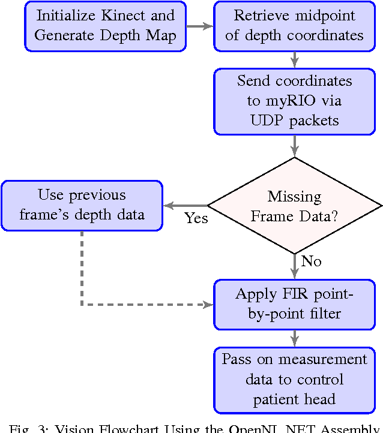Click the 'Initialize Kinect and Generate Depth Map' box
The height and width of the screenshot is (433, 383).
[105, 26]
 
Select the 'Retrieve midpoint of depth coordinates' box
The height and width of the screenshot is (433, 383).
[294, 26]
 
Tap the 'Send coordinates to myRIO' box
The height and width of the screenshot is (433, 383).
[294, 101]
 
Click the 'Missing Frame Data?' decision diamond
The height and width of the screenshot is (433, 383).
[294, 206]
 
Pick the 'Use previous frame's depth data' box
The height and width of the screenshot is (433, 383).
[82, 205]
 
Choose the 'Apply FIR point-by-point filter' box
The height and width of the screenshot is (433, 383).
[294, 304]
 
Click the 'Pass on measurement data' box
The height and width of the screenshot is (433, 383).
[294, 380]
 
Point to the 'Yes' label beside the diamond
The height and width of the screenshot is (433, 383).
[196, 218]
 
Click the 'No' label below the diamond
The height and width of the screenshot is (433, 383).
[311, 261]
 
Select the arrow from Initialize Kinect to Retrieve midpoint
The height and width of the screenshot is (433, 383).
[200, 26]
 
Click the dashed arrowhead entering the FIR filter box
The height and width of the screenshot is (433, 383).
[208, 305]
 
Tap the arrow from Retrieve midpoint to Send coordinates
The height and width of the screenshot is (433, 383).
[294, 59]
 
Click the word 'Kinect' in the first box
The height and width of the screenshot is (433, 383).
[127, 16]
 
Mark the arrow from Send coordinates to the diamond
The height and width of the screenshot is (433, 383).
[294, 146]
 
